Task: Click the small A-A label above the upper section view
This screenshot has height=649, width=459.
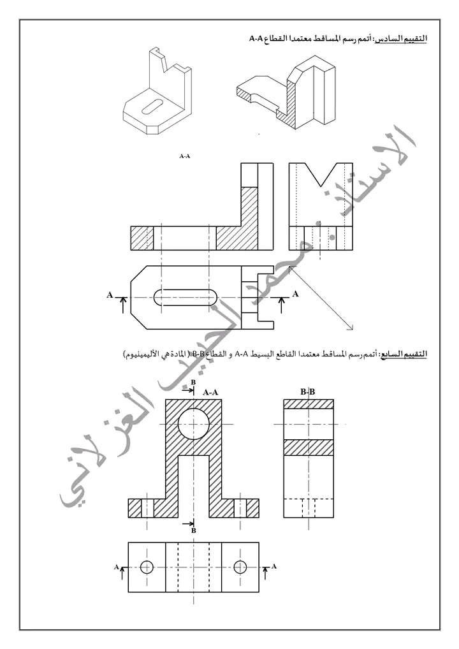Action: (185, 156)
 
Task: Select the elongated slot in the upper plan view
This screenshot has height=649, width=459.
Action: (186, 298)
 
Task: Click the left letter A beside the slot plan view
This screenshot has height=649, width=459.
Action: (110, 295)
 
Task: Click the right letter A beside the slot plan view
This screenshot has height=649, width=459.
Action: (295, 294)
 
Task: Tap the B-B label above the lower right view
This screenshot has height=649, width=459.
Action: (307, 391)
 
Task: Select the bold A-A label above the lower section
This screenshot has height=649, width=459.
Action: (210, 393)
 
